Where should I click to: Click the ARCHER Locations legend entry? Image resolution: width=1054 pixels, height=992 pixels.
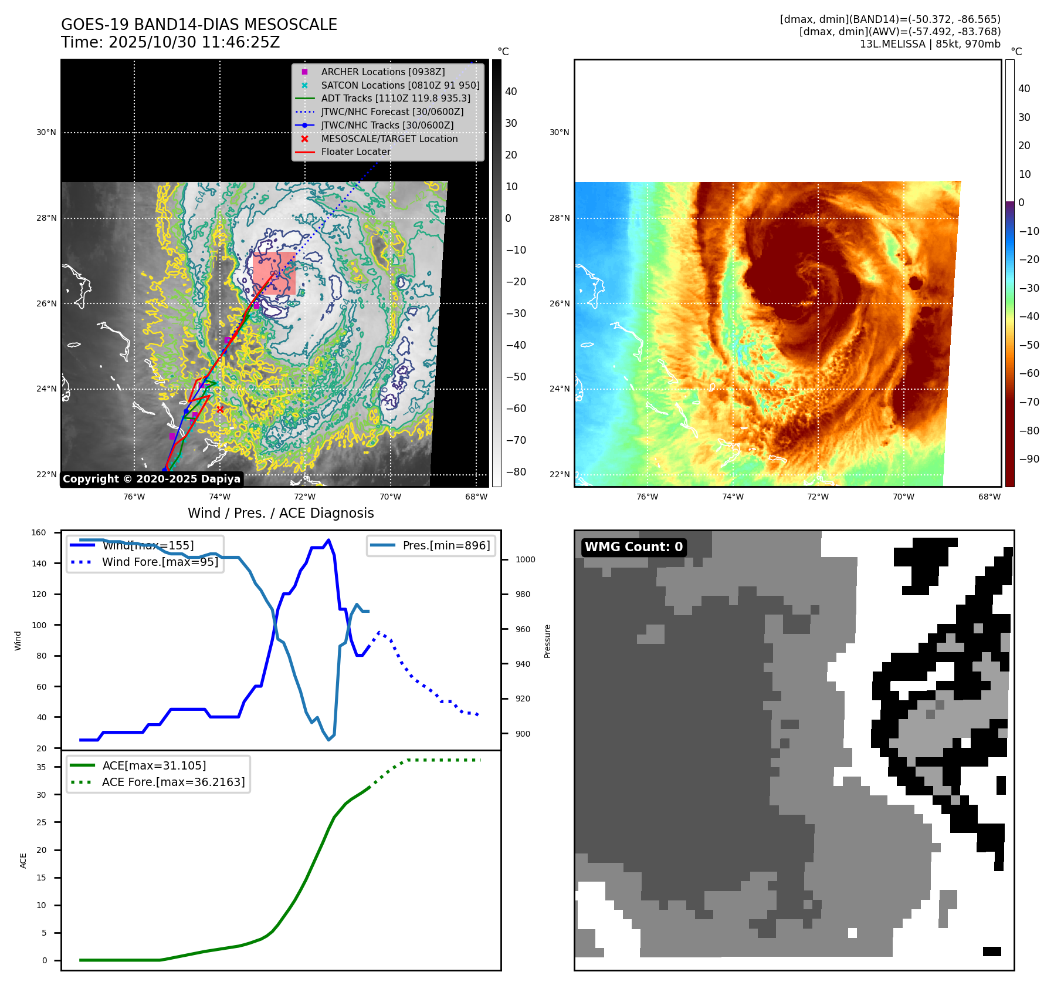[x=382, y=72]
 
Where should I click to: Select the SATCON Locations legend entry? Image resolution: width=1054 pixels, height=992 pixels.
[x=400, y=85]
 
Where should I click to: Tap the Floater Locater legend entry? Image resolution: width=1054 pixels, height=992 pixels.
[x=355, y=151]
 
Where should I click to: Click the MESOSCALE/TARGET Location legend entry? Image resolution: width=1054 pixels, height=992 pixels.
[x=389, y=139]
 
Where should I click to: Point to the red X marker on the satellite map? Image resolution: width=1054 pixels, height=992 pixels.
[x=220, y=409]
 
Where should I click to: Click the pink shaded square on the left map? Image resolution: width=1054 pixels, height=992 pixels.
[x=274, y=273]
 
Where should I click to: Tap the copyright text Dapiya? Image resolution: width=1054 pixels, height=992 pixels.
[x=151, y=479]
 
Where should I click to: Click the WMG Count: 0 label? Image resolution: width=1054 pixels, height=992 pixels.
[x=633, y=547]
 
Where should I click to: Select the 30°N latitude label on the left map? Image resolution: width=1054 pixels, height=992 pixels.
[x=46, y=133]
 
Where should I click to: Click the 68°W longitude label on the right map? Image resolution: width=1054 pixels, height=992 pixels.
[x=989, y=497]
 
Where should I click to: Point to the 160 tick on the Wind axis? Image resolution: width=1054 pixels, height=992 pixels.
[x=39, y=533]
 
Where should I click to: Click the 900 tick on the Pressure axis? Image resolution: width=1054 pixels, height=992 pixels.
[x=522, y=734]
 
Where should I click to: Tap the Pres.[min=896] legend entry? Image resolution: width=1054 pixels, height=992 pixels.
[x=446, y=545]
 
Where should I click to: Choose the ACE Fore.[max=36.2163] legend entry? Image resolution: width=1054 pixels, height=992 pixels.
[x=173, y=782]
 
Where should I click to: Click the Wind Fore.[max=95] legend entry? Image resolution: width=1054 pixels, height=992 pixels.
[x=160, y=562]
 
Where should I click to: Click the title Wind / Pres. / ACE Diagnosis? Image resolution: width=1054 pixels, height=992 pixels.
[x=280, y=513]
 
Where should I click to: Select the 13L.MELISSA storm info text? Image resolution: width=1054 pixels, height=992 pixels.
[x=930, y=44]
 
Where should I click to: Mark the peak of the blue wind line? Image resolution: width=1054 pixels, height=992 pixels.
[x=328, y=540]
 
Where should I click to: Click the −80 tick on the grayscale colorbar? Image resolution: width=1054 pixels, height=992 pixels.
[x=516, y=472]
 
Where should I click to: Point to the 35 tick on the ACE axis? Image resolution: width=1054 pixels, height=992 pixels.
[x=41, y=767]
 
